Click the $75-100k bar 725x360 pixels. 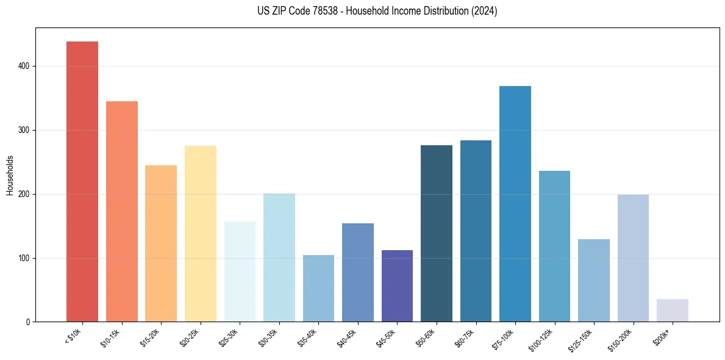(x=515, y=204)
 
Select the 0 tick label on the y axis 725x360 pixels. (x=28, y=322)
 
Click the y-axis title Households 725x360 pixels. (x=10, y=175)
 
